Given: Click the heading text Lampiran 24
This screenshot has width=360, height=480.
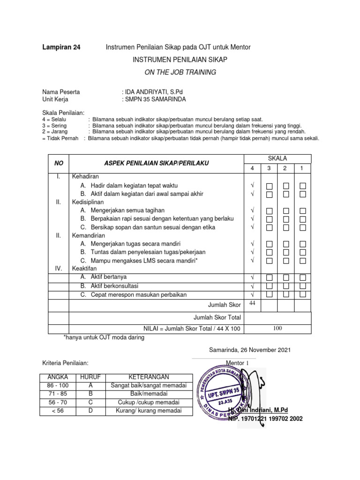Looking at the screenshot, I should [x=61, y=47].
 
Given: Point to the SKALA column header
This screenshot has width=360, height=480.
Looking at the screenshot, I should [x=278, y=158].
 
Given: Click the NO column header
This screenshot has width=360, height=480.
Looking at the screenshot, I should [x=59, y=163].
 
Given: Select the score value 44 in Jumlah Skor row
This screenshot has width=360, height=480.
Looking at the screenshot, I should [x=252, y=304].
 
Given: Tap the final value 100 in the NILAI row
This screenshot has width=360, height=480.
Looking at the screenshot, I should [x=277, y=329].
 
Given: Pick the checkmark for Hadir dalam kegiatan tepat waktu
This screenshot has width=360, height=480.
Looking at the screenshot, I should [x=252, y=186].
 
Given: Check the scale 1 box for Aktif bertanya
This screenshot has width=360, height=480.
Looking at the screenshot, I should [x=303, y=277].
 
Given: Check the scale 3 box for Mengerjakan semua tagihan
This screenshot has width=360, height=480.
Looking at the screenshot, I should [x=269, y=210].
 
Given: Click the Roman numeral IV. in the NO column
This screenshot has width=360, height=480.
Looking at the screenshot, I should [x=59, y=269].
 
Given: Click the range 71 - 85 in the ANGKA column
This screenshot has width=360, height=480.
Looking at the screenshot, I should [x=58, y=394].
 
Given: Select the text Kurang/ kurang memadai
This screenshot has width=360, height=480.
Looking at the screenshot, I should [x=148, y=411].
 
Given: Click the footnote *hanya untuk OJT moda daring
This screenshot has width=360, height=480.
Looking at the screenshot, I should [x=104, y=337].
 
